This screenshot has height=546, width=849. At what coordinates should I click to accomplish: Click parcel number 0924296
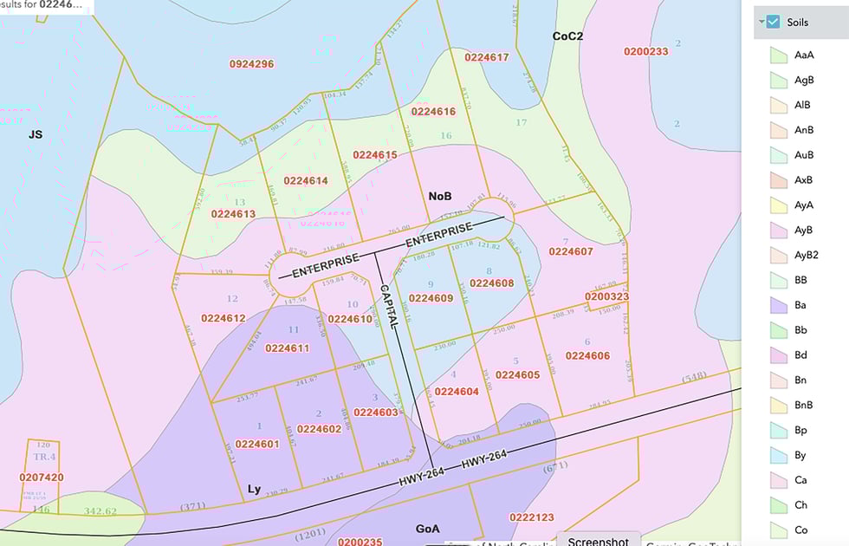[251, 64]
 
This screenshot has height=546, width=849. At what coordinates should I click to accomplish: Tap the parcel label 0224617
[486, 57]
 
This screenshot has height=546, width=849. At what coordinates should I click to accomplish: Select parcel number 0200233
[645, 51]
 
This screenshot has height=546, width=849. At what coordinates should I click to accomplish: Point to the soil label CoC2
[567, 36]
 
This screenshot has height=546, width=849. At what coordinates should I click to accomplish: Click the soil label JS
[35, 134]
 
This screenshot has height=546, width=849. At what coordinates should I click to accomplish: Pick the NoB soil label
[440, 197]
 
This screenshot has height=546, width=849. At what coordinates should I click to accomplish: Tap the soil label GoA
[427, 528]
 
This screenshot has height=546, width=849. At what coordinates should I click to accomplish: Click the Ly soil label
[254, 490]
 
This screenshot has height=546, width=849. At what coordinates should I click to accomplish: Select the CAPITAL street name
[388, 304]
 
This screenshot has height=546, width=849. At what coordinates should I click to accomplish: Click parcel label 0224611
[287, 348]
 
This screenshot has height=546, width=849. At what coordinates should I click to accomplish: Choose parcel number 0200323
[606, 296]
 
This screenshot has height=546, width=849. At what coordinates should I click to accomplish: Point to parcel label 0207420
[42, 478]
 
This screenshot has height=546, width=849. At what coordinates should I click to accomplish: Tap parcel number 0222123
[531, 517]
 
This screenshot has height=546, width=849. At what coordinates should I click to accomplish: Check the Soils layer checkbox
[774, 22]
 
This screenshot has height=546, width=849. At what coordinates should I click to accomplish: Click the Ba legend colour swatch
[778, 305]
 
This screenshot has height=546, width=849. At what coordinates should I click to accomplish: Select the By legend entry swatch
[778, 455]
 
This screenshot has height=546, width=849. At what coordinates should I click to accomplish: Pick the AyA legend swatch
[778, 205]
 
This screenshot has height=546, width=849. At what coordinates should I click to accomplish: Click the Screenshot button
[598, 540]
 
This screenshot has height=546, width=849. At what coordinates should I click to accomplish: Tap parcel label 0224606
[587, 355]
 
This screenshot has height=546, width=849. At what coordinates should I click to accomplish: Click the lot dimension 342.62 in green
[100, 511]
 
